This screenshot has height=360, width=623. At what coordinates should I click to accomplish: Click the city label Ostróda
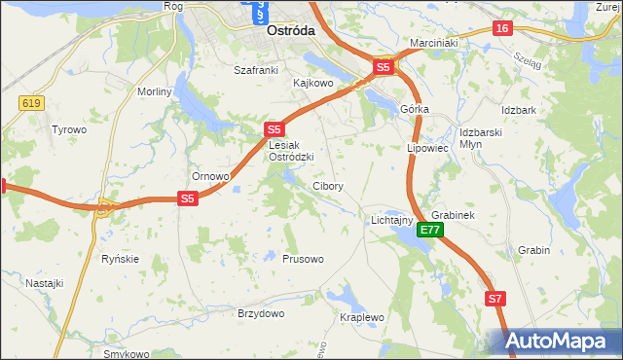[x=290, y=31]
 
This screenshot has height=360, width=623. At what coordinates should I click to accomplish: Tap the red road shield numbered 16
[x=501, y=29]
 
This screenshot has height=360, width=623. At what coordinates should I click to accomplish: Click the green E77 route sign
[x=431, y=231]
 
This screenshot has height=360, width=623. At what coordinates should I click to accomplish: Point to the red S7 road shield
[x=495, y=299]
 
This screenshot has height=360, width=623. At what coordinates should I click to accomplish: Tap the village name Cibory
[x=327, y=186]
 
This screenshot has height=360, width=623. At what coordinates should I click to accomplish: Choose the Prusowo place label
[x=303, y=259]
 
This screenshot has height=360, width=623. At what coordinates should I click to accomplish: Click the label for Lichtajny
[x=392, y=221]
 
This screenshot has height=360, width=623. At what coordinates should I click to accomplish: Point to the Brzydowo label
[x=261, y=313]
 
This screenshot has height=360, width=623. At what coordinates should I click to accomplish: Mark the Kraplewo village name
[x=361, y=318]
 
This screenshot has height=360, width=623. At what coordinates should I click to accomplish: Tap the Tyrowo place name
[x=69, y=129]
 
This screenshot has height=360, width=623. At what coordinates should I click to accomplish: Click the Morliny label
[x=154, y=91]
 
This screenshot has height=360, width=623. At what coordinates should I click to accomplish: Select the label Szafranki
[x=256, y=70]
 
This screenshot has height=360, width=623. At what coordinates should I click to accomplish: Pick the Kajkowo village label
[x=313, y=84]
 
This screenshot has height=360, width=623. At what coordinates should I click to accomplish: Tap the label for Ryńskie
[x=121, y=259]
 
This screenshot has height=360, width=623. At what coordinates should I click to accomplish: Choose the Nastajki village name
[x=45, y=283]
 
